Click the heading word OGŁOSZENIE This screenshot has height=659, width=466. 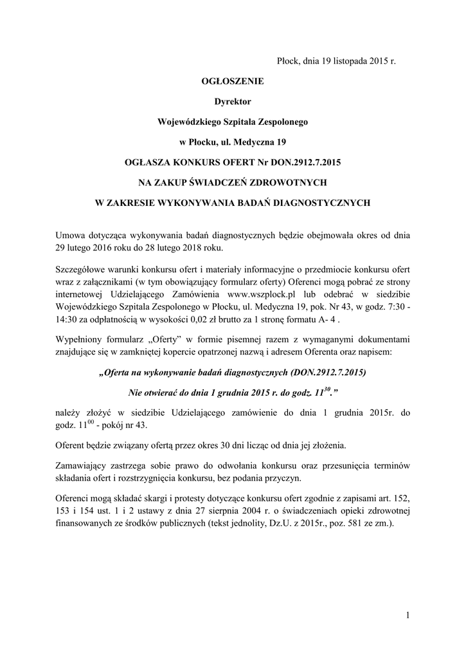click(233, 82)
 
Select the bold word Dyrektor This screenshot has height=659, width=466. click(233, 101)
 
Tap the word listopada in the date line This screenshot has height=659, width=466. click(349, 62)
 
